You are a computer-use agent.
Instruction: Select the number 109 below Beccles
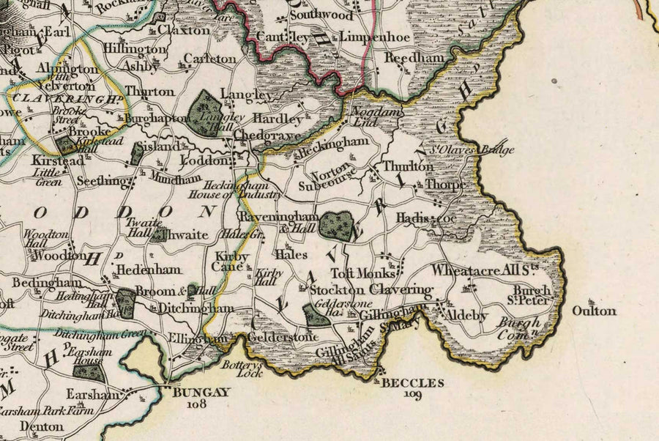413,395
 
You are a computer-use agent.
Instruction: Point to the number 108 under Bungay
197,403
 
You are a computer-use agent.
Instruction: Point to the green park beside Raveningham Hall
335,225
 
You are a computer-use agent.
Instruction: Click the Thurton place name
149,92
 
